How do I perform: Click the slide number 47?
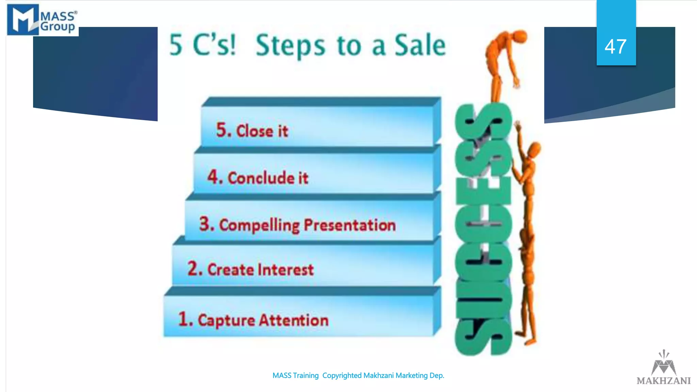point(615,47)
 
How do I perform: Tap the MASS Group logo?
point(42,20)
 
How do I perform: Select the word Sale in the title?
point(420,45)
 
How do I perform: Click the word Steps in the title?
point(290,45)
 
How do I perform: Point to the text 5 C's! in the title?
point(202,45)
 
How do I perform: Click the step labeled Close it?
point(262,131)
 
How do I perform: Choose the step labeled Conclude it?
point(268,178)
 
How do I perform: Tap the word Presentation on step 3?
point(350,225)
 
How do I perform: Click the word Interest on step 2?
point(286,270)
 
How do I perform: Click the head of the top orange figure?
point(520,36)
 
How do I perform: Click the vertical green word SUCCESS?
point(483,230)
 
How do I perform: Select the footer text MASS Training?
point(295,376)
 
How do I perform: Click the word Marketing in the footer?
point(411,376)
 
